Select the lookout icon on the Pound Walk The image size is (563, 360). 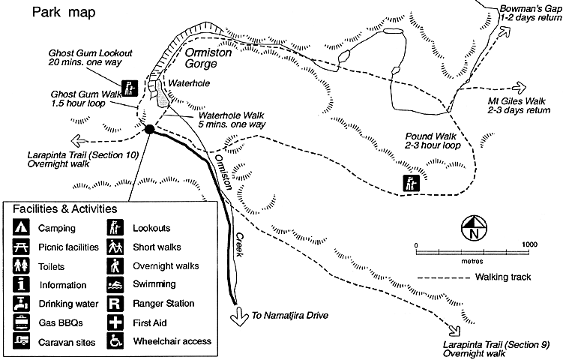coord(411,182)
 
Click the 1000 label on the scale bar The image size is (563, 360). coord(529,244)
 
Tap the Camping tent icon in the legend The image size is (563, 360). coord(20,227)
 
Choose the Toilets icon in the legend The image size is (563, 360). coord(20,265)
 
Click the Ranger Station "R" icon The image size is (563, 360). coord(115,304)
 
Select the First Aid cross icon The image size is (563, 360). coord(115,322)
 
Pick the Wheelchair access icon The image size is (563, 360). coord(115,341)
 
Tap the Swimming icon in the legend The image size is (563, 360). coord(115,284)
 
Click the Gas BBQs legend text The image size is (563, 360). coord(58,323)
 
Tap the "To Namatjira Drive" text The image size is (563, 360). coord(291,316)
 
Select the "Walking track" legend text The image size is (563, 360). coord(502,277)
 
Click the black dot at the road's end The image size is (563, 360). coord(149,129)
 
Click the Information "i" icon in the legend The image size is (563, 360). coord(20,285)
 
